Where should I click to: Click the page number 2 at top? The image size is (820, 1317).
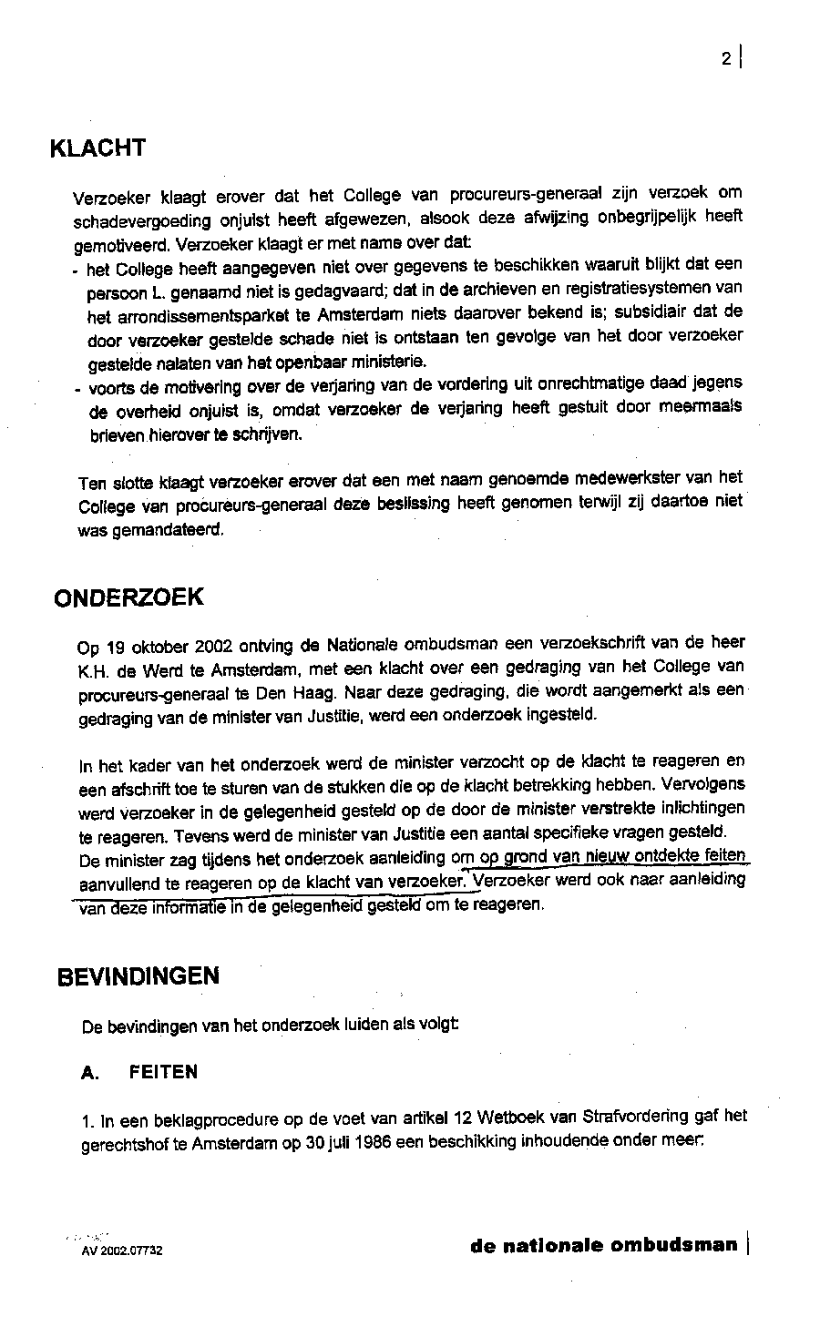[x=726, y=59]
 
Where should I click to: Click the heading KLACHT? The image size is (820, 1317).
[x=97, y=148]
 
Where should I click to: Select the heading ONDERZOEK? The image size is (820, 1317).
[x=128, y=597]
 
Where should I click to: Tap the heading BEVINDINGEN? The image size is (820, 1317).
[x=138, y=976]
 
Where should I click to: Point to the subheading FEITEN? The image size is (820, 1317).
[x=163, y=1072]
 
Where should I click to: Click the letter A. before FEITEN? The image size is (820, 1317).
[x=89, y=1073]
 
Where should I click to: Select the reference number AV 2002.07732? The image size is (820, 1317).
[x=121, y=1251]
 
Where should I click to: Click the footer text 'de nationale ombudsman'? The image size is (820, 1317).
[x=603, y=1245]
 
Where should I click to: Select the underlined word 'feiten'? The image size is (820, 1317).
[x=720, y=855]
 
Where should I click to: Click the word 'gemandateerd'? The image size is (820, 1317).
[x=150, y=530]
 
